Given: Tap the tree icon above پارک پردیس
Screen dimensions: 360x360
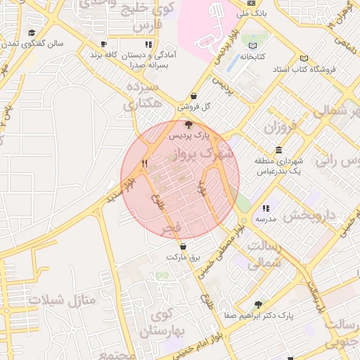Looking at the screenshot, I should coord(187,124).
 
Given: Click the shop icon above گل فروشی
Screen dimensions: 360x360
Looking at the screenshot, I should coord(193,96).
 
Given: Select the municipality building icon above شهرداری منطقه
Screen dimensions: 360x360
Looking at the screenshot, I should coord(279,150).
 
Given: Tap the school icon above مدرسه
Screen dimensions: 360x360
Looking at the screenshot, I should coord(265,209).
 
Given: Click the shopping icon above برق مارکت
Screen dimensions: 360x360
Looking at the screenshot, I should coord(184,247).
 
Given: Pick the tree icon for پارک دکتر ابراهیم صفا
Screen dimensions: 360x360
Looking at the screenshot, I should coord(258,304).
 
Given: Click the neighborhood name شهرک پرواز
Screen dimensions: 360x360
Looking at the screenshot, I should coord(205,153).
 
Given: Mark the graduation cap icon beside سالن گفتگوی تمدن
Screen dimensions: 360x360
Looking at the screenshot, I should coord(32,33).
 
